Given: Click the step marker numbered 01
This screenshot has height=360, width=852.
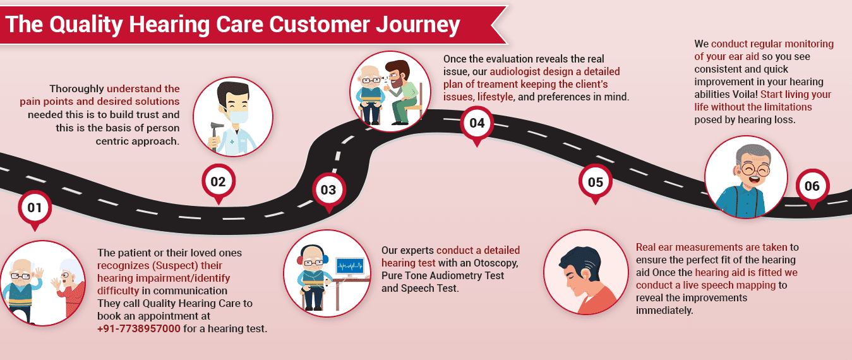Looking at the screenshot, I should pyautogui.click(x=34, y=207).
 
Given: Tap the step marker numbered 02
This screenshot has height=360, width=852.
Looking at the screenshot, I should pyautogui.click(x=218, y=182).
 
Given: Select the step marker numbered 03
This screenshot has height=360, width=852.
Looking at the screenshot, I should pyautogui.click(x=328, y=189).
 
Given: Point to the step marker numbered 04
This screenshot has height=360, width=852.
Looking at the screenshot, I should pyautogui.click(x=477, y=123).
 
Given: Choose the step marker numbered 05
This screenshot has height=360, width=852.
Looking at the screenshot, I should pyautogui.click(x=595, y=183).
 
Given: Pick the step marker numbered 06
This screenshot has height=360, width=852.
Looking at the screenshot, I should pyautogui.click(x=812, y=186).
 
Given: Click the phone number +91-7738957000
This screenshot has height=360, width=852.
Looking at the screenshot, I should pyautogui.click(x=138, y=329).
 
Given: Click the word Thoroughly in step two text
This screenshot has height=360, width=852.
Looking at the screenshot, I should pyautogui.click(x=76, y=89).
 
